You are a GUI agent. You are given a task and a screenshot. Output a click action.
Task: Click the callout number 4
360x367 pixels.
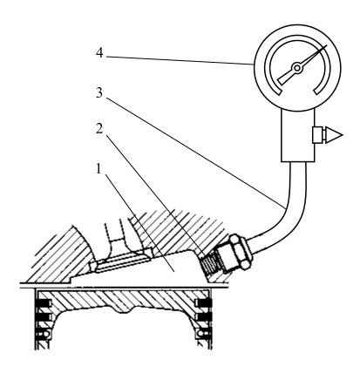coord(99,53)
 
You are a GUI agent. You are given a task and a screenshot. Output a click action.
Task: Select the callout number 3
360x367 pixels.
coord(99,93)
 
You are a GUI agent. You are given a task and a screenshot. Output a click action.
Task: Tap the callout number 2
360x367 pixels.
coord(99,129)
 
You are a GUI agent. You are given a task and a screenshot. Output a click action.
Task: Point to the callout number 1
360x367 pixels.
coord(99,168)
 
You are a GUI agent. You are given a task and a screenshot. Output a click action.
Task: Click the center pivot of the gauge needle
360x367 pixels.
coord(297,68)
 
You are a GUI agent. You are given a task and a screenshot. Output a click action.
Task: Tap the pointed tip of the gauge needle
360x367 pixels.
coord(327,45)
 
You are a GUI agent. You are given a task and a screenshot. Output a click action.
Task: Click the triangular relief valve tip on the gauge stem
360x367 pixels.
coord(334,135)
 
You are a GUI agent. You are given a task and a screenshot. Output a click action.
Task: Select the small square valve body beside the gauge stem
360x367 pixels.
coord(318,135)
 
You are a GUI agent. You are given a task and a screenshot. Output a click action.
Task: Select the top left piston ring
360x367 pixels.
coord(44,303)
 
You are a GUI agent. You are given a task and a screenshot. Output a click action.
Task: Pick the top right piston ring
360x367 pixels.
coord(204,303)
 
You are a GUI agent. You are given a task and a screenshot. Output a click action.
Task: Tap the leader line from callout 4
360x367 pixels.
coord(180,60)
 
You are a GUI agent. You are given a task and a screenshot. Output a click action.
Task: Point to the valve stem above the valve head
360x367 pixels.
coord(118,234)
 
